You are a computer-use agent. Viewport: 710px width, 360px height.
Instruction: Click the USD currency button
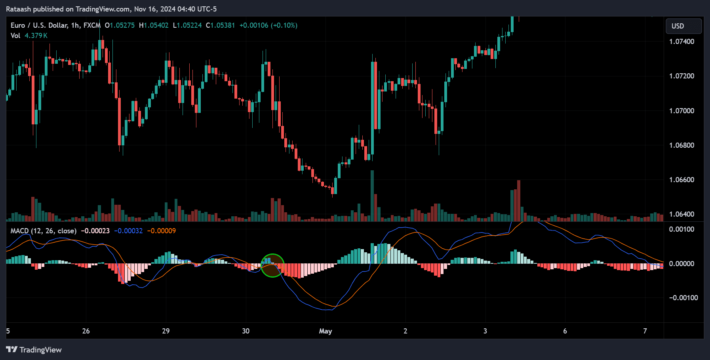click(x=683, y=26)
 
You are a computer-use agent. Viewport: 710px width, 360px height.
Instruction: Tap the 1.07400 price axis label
click(x=681, y=42)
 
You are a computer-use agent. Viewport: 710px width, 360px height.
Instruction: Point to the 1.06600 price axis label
click(x=681, y=180)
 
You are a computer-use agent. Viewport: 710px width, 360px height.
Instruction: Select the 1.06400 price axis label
click(x=681, y=214)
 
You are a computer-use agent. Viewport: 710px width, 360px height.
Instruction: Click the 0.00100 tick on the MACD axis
click(x=681, y=229)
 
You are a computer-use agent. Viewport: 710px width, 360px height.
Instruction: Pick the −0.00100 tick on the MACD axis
click(x=683, y=298)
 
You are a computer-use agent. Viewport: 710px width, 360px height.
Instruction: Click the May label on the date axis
click(x=325, y=331)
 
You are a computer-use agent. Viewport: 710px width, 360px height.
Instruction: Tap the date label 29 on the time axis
click(x=166, y=331)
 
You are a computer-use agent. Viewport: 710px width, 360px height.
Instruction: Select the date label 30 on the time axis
click(x=246, y=331)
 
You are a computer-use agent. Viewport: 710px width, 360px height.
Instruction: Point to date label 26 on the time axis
click(x=86, y=331)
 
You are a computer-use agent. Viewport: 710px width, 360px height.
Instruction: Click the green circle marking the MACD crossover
click(x=272, y=265)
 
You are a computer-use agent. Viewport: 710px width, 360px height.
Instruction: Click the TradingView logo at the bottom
click(x=34, y=350)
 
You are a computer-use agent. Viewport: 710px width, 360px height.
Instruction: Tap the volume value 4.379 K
click(x=36, y=36)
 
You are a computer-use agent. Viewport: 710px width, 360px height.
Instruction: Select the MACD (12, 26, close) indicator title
click(x=44, y=231)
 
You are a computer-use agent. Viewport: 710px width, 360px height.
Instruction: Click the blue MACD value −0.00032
click(x=128, y=231)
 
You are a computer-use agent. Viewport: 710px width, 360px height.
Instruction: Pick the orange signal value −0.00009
click(x=162, y=231)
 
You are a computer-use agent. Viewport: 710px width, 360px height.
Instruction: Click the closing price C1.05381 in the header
click(x=221, y=25)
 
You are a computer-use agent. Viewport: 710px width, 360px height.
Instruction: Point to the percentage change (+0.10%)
click(x=284, y=25)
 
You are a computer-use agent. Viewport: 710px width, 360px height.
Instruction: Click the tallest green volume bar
click(x=372, y=196)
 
